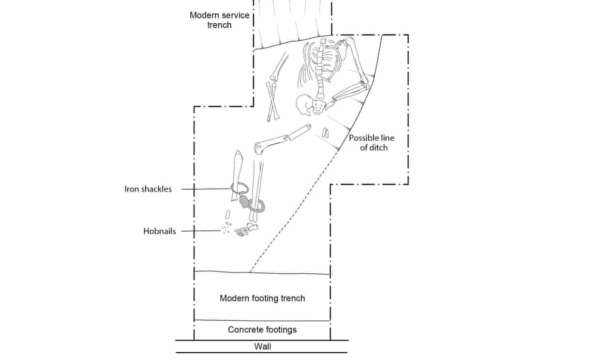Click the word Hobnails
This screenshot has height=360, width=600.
[160, 231]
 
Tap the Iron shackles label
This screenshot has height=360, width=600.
[148, 189]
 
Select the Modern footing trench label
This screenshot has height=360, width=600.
[262, 298]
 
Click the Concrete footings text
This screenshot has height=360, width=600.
[262, 330]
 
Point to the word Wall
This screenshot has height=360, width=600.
[262, 346]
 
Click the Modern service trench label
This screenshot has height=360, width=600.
[219, 20]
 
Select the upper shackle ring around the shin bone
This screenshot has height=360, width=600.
[240, 189]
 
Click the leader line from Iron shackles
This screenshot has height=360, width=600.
[206, 189]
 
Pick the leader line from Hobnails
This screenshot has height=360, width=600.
[198, 231]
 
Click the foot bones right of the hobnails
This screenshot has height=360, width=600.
[246, 228]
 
